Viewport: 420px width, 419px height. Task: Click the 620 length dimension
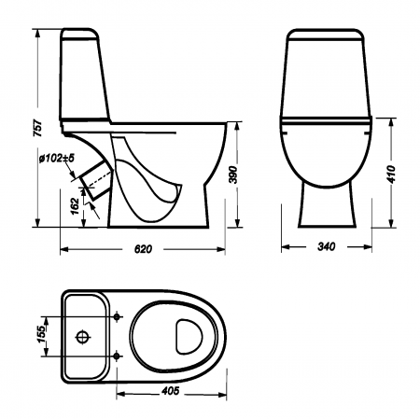[x=142, y=250]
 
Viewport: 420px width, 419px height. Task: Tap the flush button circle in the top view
[x=84, y=336]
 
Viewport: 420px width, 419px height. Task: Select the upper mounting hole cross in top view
[x=117, y=317]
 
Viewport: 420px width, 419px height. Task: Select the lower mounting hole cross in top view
[x=117, y=356]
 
